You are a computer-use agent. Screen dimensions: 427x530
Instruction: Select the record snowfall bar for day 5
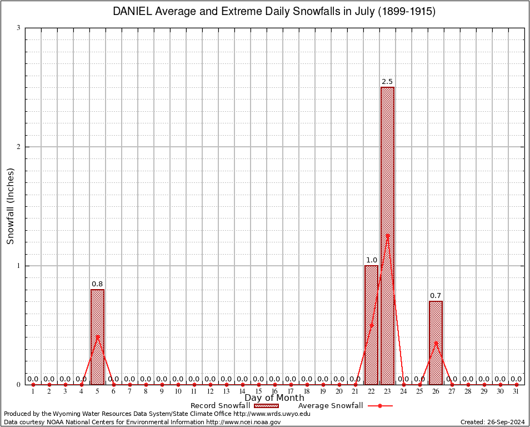point(97,336)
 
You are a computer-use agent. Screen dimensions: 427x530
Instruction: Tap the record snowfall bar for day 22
point(371,325)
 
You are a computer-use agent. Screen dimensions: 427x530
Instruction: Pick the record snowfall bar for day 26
point(436,342)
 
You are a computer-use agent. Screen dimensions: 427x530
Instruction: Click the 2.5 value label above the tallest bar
point(387,82)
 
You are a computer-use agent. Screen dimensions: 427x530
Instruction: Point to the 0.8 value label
point(97,284)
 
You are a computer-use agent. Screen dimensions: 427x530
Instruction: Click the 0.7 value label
point(436,296)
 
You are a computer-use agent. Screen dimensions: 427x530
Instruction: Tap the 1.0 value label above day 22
point(371,260)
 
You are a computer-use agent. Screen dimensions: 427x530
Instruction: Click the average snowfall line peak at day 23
point(387,235)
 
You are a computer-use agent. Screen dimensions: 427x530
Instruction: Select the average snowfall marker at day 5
point(97,336)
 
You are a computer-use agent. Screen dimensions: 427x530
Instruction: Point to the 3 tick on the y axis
point(18,28)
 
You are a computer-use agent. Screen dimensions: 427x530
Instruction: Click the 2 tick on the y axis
point(18,147)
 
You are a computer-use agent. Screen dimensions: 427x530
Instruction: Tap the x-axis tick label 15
point(258,392)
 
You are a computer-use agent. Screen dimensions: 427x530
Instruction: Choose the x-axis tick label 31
point(516,392)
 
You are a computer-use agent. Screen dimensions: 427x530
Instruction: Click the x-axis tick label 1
point(33,392)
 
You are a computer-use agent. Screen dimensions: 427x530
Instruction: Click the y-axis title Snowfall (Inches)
point(10,206)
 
